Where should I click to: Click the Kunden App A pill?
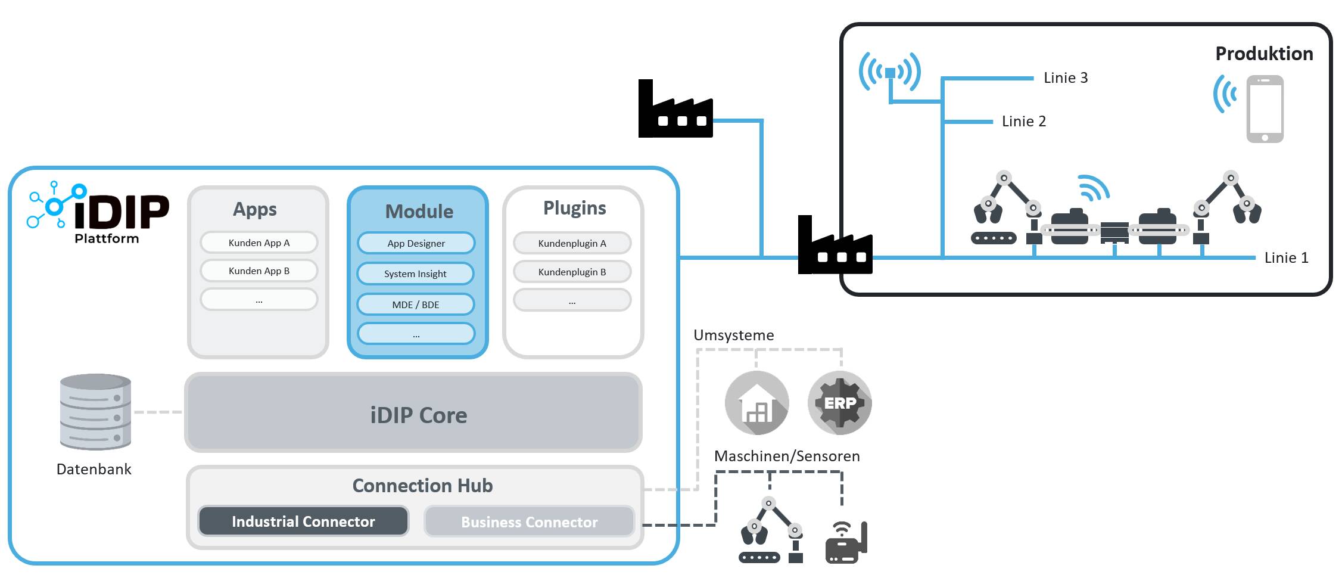pos(259,243)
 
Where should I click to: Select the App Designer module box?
pos(416,243)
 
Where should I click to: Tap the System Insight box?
pos(415,274)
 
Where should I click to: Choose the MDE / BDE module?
pos(416,305)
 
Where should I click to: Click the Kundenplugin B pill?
pos(572,272)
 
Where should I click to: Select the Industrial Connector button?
pos(303,521)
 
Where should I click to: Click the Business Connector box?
pos(529,522)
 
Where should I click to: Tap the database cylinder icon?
pos(95,412)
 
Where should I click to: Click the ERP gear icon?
pos(840,403)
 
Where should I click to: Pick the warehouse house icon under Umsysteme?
pos(757,403)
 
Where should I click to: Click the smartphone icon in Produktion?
pos(1265,109)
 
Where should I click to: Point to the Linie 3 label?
pos(1066,78)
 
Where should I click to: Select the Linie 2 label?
pos(1024,122)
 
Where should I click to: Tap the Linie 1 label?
pos(1286,258)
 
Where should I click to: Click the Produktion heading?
pos(1264,54)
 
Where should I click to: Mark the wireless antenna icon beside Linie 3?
pos(890,73)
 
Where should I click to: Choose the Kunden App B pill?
pos(259,271)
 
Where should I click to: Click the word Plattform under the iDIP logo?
pos(107,238)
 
